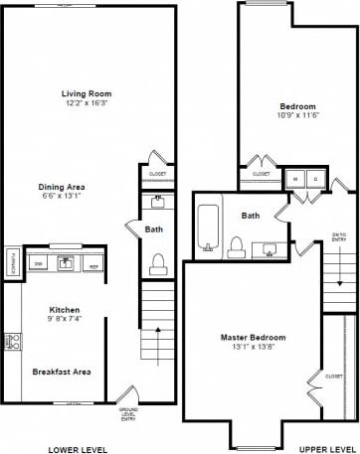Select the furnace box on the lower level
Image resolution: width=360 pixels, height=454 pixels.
coord(11,260)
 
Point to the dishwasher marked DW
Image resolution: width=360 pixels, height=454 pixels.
coord(38,264)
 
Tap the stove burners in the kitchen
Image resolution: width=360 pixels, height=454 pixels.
coord(13,341)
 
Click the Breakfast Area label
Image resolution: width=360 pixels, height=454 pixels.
coord(62,372)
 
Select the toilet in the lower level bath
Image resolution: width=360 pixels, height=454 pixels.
coord(156,262)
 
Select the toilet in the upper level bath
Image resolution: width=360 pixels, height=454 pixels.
coord(236,245)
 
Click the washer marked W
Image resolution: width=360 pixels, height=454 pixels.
coord(295,179)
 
